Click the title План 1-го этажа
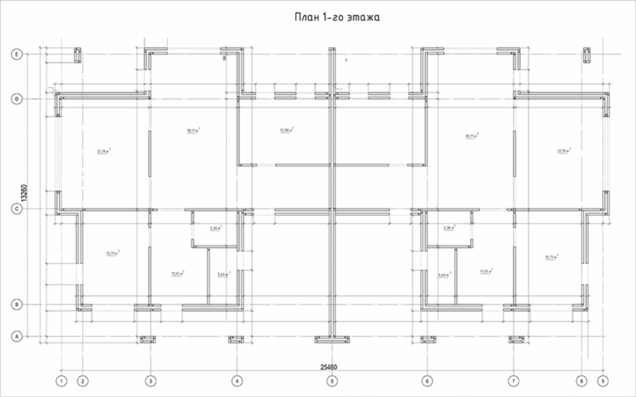pyautogui.click(x=337, y=18)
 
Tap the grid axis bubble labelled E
pyautogui.click(x=17, y=55)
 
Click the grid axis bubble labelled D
pyautogui.click(x=17, y=99)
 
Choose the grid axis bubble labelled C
pyautogui.click(x=17, y=209)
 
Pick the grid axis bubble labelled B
pyautogui.click(x=17, y=305)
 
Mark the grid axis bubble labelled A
pyautogui.click(x=17, y=336)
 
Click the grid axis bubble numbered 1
pyautogui.click(x=61, y=381)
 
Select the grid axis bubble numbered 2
pyautogui.click(x=83, y=381)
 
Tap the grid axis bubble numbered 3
pyautogui.click(x=151, y=381)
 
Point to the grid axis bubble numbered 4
pyautogui.click(x=237, y=381)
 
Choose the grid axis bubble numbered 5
pyautogui.click(x=332, y=381)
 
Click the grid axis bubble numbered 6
pyautogui.click(x=427, y=381)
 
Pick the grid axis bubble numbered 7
pyautogui.click(x=513, y=381)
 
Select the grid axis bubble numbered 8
pyautogui.click(x=581, y=381)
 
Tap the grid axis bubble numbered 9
pyautogui.click(x=603, y=381)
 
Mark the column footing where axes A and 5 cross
pyautogui.click(x=332, y=340)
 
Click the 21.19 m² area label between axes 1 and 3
pyautogui.click(x=104, y=151)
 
